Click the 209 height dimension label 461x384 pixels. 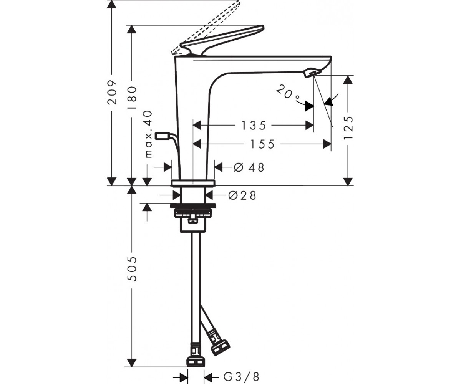(112, 93)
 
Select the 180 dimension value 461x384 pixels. (132, 98)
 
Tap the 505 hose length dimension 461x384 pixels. (132, 268)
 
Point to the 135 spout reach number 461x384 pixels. (254, 126)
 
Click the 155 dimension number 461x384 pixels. (262, 144)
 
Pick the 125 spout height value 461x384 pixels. (348, 127)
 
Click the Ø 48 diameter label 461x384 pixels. (249, 167)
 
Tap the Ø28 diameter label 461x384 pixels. (242, 195)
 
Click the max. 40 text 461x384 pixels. (149, 134)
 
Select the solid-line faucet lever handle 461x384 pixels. (222, 40)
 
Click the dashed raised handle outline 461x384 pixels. (205, 28)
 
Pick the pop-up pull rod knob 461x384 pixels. (163, 136)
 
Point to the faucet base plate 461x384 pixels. (193, 183)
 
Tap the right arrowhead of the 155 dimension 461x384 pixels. (327, 144)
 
